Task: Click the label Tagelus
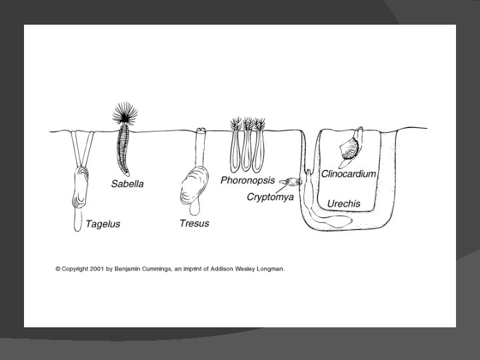click(102, 224)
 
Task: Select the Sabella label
click(127, 183)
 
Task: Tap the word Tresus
click(194, 223)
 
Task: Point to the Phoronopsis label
click(247, 181)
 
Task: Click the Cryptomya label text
click(270, 197)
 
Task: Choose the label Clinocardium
click(349, 173)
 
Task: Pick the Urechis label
click(344, 203)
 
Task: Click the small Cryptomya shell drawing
click(291, 181)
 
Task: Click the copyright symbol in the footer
click(58, 269)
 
